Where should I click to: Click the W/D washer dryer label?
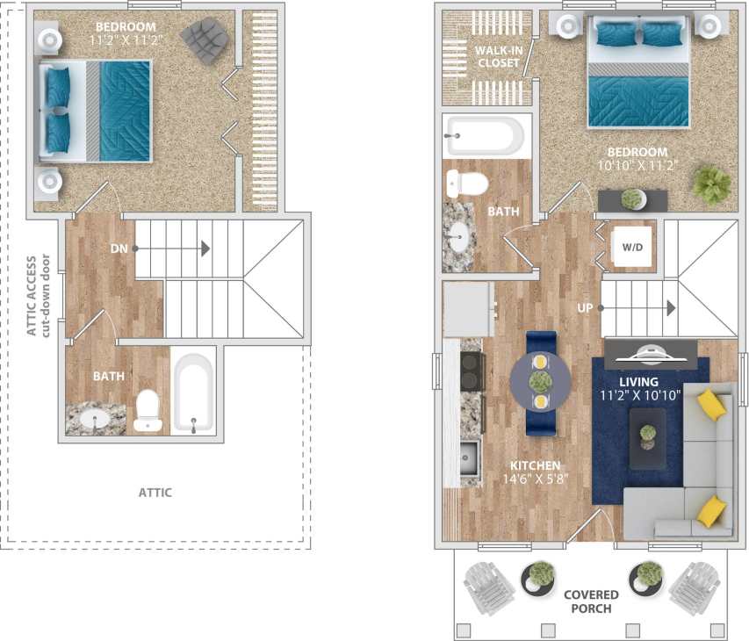click(632, 247)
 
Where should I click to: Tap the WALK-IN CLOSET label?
click(498, 56)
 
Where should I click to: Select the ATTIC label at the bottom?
click(155, 493)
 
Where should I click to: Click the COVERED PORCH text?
click(591, 601)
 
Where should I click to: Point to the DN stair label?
click(119, 248)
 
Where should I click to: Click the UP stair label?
click(586, 308)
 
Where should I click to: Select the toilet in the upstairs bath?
click(148, 411)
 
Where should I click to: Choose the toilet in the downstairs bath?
click(467, 184)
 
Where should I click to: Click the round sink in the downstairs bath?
click(457, 236)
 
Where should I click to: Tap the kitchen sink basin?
click(469, 457)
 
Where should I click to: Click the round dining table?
click(540, 381)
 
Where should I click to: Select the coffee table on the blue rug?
click(647, 434)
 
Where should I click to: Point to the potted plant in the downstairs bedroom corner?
click(710, 184)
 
